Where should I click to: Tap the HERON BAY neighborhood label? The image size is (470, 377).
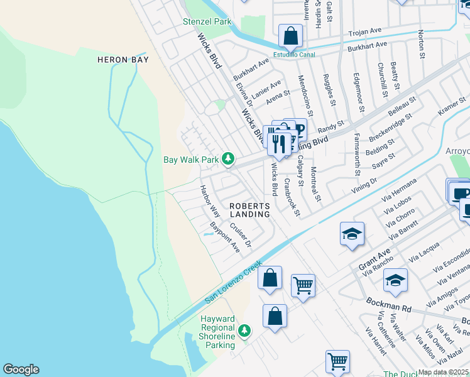pyautogui.click(x=122, y=60)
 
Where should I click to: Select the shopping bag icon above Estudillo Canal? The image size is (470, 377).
pyautogui.click(x=290, y=36)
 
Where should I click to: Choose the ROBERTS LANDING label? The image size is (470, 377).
pyautogui.click(x=249, y=210)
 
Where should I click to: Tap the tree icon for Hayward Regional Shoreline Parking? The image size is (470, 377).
pyautogui.click(x=244, y=330)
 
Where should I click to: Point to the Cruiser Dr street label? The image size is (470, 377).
pyautogui.click(x=241, y=234)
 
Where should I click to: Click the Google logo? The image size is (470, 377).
pyautogui.click(x=21, y=369)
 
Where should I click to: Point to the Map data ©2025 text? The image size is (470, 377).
pyautogui.click(x=444, y=372)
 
